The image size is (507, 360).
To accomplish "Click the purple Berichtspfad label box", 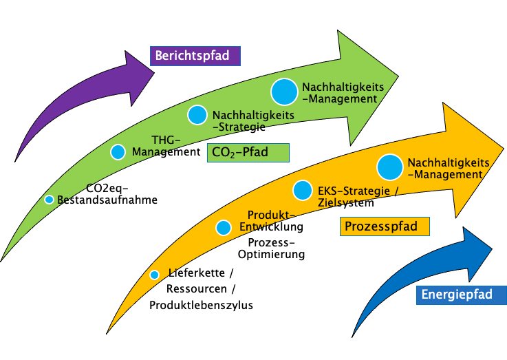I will [195, 56].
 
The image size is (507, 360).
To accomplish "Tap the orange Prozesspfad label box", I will [385, 226].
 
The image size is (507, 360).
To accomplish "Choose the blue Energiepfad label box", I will [461, 295].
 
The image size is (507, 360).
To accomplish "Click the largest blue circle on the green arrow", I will [285, 92].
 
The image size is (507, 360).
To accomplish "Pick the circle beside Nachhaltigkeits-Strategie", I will [197, 115].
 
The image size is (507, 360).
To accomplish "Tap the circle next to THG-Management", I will [118, 152].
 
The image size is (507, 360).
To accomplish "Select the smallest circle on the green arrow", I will [49, 200].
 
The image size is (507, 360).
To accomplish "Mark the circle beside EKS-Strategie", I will [303, 190].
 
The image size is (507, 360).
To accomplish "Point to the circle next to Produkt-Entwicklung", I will [224, 227].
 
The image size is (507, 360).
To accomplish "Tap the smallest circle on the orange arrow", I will [154, 275].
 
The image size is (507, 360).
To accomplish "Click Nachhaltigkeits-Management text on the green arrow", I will [340, 93].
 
